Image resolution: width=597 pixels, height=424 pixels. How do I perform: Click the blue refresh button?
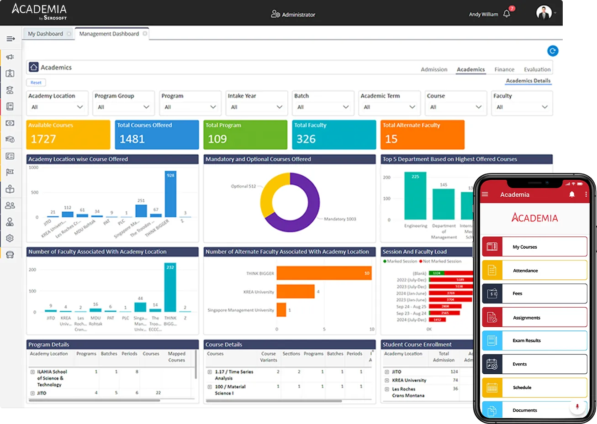coord(552,51)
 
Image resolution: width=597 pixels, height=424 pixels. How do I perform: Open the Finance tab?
coord(504,69)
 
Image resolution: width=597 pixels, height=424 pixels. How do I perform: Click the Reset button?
coord(36,83)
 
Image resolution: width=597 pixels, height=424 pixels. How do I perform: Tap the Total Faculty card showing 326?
coord(335,135)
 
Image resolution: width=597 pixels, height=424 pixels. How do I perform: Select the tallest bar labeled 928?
coord(170,194)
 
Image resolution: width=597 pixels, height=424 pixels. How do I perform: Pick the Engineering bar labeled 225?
coord(415,196)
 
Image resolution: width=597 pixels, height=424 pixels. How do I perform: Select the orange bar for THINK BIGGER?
coord(323,273)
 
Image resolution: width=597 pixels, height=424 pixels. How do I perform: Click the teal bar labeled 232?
coord(170,288)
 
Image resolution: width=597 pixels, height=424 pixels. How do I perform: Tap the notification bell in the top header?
coord(507,14)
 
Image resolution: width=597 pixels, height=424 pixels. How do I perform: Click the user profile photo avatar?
coord(544,13)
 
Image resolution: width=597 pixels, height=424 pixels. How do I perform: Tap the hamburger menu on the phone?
coord(485,194)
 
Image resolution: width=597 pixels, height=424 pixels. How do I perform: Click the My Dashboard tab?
coord(45,34)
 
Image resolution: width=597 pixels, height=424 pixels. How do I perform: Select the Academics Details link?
coord(528,81)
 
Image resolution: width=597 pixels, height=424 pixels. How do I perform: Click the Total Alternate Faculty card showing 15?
coord(422,135)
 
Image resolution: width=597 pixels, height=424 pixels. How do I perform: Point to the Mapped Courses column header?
coord(176,356)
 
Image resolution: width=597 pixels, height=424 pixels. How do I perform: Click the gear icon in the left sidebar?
coord(10,238)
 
